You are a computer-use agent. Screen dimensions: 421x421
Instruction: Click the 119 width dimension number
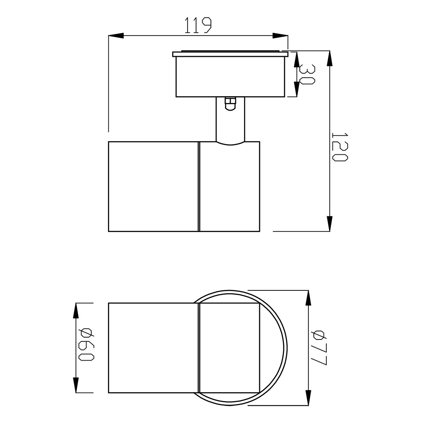pyautogui.click(x=198, y=25)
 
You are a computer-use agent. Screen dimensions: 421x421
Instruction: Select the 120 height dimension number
pyautogui.click(x=340, y=147)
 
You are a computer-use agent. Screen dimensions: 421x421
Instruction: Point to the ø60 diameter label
pyautogui.click(x=86, y=344)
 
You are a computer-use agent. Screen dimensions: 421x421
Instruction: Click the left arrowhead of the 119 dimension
pyautogui.click(x=116, y=35)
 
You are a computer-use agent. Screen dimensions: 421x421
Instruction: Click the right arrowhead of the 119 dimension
pyautogui.click(x=280, y=35)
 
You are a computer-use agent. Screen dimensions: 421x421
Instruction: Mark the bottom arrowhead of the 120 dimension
pyautogui.click(x=329, y=224)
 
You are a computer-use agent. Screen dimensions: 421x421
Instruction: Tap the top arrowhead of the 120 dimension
pyautogui.click(x=329, y=58)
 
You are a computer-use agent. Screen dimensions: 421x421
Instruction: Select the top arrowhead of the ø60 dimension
pyautogui.click(x=76, y=311)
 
